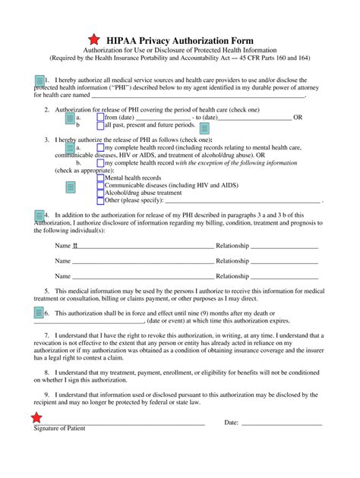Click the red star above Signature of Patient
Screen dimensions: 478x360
tap(36, 417)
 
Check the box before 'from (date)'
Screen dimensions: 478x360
tap(100, 118)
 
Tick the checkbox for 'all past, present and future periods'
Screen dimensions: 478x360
tap(100, 125)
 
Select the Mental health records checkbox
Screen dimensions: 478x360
tap(100, 178)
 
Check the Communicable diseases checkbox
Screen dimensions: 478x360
tap(100, 185)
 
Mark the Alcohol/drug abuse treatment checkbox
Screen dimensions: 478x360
tap(100, 193)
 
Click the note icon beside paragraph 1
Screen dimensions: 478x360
tap(39, 81)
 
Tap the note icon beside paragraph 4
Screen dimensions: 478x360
tap(39, 216)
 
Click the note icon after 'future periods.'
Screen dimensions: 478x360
tap(204, 127)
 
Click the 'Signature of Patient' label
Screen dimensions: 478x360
tap(59, 429)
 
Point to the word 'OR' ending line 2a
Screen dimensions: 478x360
tap(298, 118)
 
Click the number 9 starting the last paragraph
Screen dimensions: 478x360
tap(46, 395)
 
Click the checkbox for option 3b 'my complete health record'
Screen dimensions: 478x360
tap(100, 162)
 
